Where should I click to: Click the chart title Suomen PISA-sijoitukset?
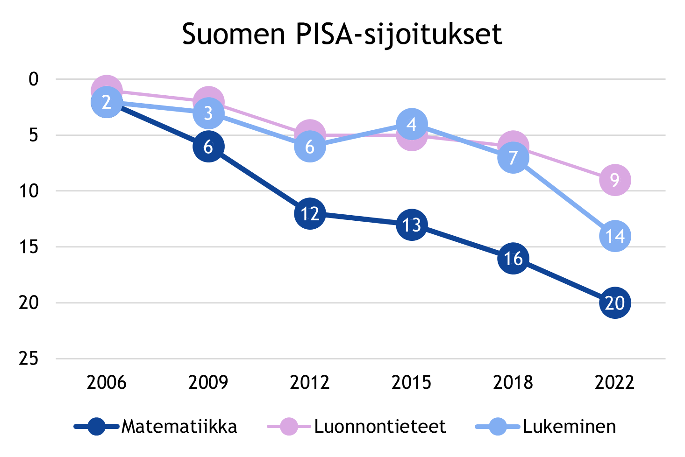tap(342, 34)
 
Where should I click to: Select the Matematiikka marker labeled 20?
tap(615, 303)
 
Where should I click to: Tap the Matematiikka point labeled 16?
tap(513, 258)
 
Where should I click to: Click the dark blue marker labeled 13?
tap(412, 225)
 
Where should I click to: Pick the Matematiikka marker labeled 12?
tap(310, 213)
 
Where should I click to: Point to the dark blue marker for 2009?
tap(208, 147)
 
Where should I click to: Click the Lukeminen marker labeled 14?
tap(615, 236)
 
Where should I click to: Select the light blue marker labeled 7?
tap(513, 158)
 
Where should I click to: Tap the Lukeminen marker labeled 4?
tap(412, 124)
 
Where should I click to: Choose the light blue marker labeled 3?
tap(208, 113)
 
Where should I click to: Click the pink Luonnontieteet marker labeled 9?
tap(615, 180)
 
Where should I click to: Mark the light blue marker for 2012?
tap(310, 147)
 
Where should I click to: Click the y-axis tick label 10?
tap(29, 191)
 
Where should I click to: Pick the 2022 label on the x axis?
tap(615, 383)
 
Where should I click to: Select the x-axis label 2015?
tap(412, 383)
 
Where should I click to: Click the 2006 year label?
tap(107, 383)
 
